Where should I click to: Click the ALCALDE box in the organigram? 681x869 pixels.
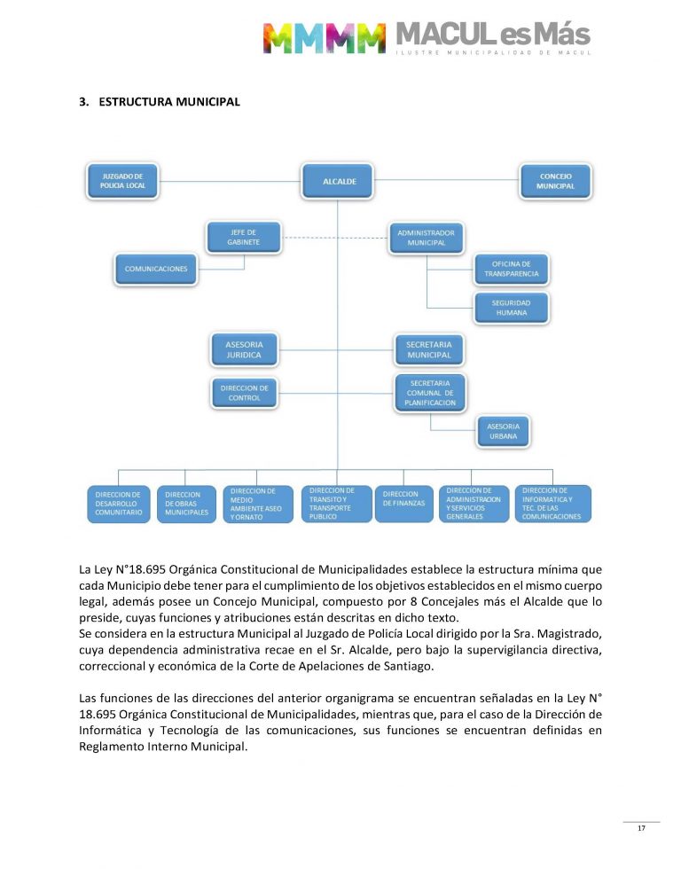[336, 181]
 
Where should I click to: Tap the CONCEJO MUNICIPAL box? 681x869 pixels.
[556, 181]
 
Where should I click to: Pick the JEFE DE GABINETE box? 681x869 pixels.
[244, 237]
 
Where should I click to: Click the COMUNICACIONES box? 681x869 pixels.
[156, 268]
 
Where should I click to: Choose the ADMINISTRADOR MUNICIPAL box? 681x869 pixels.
[426, 237]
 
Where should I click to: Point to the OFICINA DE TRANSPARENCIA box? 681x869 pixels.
[512, 269]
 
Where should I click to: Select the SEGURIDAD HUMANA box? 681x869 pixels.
[512, 307]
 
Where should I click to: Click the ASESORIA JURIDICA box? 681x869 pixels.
[244, 348]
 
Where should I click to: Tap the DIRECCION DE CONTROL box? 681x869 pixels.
[244, 393]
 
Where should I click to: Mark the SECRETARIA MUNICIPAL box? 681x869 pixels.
[429, 348]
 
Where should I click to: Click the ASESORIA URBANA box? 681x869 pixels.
[504, 431]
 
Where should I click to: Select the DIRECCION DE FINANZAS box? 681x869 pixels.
[403, 504]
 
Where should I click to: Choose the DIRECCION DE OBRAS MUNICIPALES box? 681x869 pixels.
[187, 504]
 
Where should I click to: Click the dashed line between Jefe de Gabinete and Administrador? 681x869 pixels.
[334, 237]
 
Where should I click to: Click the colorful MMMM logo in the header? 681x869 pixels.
[324, 38]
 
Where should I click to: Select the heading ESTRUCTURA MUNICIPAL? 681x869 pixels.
[169, 102]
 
